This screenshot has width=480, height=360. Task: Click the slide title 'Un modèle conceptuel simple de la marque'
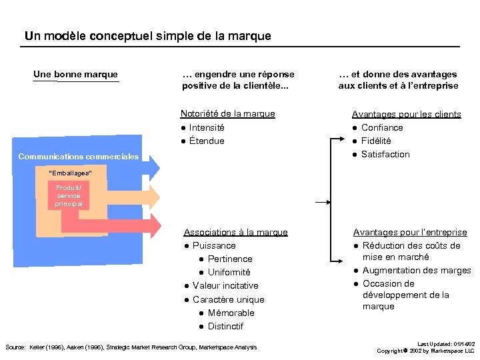tap(147, 36)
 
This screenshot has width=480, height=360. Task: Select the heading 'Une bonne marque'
tap(75, 75)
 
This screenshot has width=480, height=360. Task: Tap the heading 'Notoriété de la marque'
tap(227, 114)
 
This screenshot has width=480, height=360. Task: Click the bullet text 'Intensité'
tap(207, 127)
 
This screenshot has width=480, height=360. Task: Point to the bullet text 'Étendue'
tap(207, 141)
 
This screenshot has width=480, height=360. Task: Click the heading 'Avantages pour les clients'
tap(406, 114)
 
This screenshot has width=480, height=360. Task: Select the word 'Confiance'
tap(382, 127)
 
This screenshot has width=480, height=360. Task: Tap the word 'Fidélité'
tap(376, 141)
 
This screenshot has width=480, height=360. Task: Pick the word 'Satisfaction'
tap(385, 154)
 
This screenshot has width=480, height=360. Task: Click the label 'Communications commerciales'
tap(79, 157)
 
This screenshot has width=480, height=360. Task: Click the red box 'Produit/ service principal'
tap(69, 196)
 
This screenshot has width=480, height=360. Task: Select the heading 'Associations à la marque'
tap(235, 232)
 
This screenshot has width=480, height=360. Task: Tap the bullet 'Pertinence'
tap(230, 259)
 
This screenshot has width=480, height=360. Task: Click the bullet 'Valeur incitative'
tap(225, 285)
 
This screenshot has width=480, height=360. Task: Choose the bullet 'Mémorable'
tap(231, 313)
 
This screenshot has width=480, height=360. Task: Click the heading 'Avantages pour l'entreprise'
tap(410, 232)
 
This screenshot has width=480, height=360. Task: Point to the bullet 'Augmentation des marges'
tap(417, 270)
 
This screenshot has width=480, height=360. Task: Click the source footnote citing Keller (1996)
tap(131, 347)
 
